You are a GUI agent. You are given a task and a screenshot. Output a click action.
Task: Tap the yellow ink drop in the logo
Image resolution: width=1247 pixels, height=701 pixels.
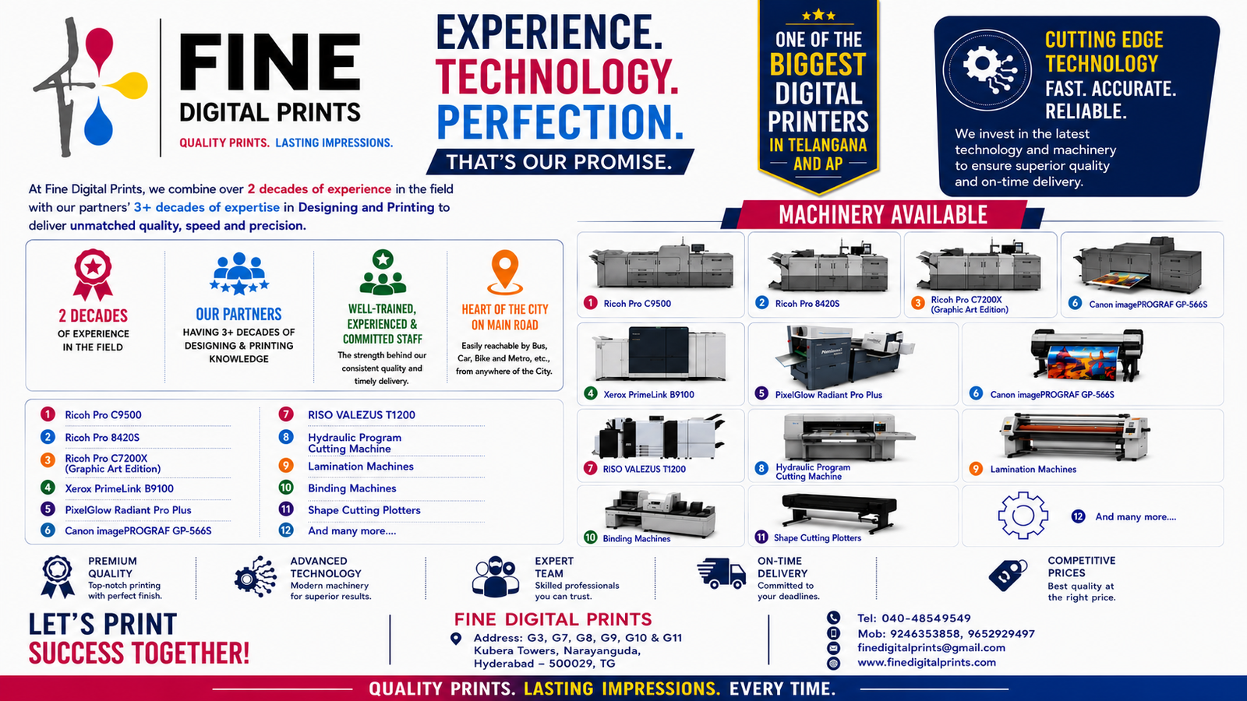[128, 85]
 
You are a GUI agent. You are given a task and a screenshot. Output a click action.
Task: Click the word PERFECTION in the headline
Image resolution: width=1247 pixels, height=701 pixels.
[560, 122]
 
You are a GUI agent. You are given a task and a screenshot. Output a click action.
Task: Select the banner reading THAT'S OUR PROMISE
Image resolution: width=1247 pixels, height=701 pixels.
[560, 162]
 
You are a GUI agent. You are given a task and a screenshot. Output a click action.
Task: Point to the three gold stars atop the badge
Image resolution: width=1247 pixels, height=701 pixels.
[818, 16]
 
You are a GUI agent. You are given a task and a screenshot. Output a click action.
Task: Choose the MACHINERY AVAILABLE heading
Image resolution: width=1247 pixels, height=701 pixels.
[883, 215]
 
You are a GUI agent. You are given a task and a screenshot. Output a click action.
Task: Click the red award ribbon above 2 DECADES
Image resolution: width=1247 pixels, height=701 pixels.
[93, 274]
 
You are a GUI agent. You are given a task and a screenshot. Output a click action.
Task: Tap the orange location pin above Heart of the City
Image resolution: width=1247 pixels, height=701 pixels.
[505, 272]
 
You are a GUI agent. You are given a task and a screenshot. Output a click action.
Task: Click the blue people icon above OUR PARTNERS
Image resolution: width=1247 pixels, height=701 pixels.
[238, 273]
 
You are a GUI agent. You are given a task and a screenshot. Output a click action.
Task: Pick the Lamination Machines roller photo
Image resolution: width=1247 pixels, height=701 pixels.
[1075, 436]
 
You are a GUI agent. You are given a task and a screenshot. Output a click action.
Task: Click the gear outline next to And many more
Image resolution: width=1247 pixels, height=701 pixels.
[1023, 515]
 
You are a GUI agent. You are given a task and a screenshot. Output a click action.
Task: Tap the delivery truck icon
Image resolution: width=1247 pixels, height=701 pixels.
[721, 573]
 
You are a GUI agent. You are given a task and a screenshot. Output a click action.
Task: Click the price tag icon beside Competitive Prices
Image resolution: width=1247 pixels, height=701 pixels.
[1008, 576]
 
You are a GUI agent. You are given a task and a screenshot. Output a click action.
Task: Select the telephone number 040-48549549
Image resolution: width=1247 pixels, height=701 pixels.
[926, 618]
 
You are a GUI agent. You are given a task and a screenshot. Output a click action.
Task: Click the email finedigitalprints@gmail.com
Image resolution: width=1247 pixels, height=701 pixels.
[931, 647]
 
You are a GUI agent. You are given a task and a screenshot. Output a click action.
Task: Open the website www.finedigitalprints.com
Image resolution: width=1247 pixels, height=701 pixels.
[927, 663]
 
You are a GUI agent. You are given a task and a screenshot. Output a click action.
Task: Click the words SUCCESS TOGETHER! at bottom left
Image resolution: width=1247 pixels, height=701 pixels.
[139, 653]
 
